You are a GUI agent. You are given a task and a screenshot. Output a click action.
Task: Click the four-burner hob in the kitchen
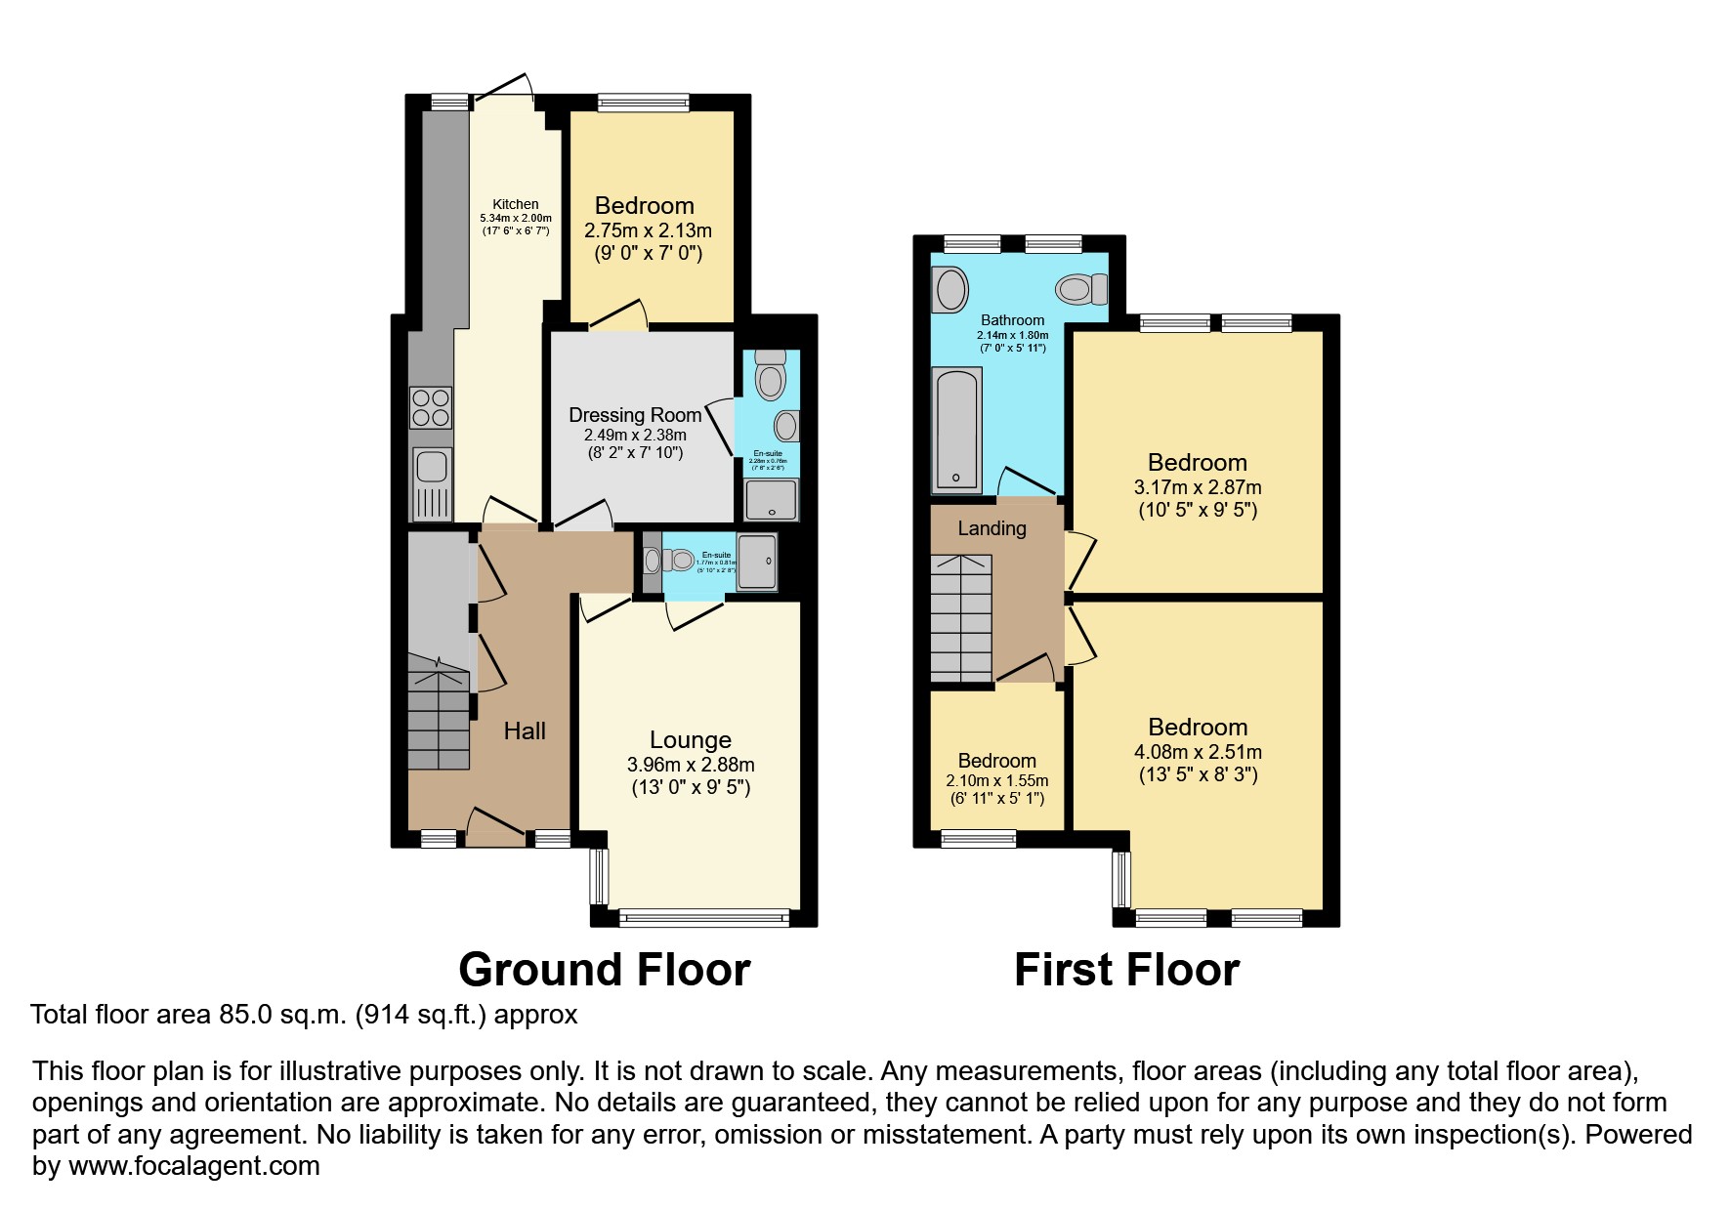[431, 408]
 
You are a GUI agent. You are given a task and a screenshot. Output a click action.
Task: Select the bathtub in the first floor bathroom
[956, 430]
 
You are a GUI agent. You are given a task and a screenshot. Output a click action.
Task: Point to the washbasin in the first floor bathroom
[949, 290]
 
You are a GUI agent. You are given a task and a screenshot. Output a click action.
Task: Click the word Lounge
[690, 740]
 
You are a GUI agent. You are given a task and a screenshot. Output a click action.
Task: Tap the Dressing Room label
[635, 415]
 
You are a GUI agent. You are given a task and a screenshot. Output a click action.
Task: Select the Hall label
[525, 730]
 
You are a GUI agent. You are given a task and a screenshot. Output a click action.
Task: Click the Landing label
[992, 528]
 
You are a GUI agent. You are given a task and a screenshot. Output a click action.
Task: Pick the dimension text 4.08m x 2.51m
[1198, 752]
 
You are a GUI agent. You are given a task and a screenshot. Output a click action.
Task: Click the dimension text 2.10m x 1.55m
[996, 780]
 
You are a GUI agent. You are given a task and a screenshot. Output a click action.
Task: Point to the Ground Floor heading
[604, 970]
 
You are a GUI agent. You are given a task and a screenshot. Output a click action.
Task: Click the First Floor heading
[1126, 970]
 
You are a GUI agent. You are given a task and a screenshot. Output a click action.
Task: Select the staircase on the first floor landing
[961, 618]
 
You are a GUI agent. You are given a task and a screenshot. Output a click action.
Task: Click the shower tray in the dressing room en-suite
[772, 499]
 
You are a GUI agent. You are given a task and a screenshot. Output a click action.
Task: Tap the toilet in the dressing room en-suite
[771, 376]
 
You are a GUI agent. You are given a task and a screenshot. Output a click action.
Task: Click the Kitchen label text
[515, 204]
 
